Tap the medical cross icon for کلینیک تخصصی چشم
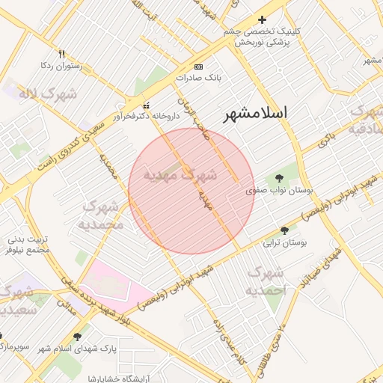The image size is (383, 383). tap(262, 19)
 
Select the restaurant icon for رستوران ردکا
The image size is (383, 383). tap(62, 54)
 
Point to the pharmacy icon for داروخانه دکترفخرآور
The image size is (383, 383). tap(146, 105)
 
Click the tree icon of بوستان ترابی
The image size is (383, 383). tap(284, 230)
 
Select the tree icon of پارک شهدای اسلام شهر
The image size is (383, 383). tap(78, 337)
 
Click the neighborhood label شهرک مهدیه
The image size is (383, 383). tap(180, 175)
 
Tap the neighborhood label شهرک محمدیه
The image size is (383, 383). tap(99, 214)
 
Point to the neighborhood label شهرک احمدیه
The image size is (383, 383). tap(266, 281)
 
